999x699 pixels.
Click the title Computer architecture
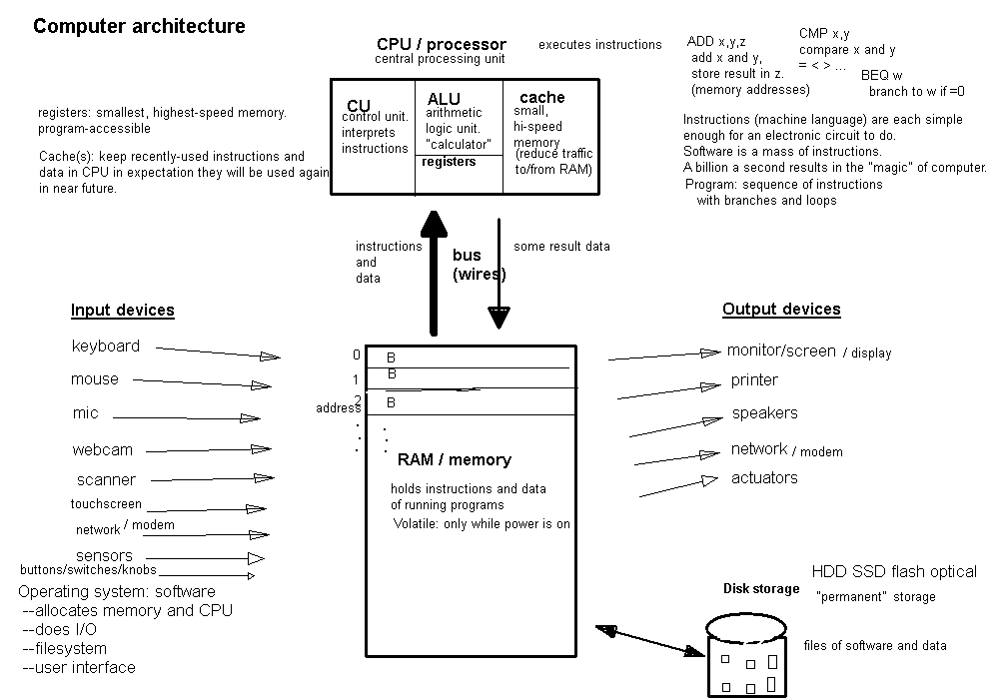pyautogui.click(x=139, y=27)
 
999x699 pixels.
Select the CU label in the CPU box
pyautogui.click(x=359, y=106)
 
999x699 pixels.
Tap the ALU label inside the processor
pyautogui.click(x=444, y=99)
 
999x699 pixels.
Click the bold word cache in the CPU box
pyautogui.click(x=542, y=97)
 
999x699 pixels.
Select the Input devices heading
pyautogui.click(x=123, y=310)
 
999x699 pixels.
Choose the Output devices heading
pyautogui.click(x=781, y=309)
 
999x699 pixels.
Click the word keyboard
pyautogui.click(x=106, y=347)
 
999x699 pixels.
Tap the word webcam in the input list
pyautogui.click(x=102, y=449)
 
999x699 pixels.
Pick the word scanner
pyautogui.click(x=106, y=479)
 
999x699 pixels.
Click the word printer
pyautogui.click(x=754, y=380)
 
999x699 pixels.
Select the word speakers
pyautogui.click(x=764, y=413)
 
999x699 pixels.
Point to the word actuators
pyautogui.click(x=764, y=478)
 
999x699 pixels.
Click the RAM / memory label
pyautogui.click(x=455, y=460)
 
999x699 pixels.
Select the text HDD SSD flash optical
pyautogui.click(x=894, y=572)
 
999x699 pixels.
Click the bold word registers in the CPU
pyautogui.click(x=449, y=162)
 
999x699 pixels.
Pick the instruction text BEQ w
pyautogui.click(x=881, y=75)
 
